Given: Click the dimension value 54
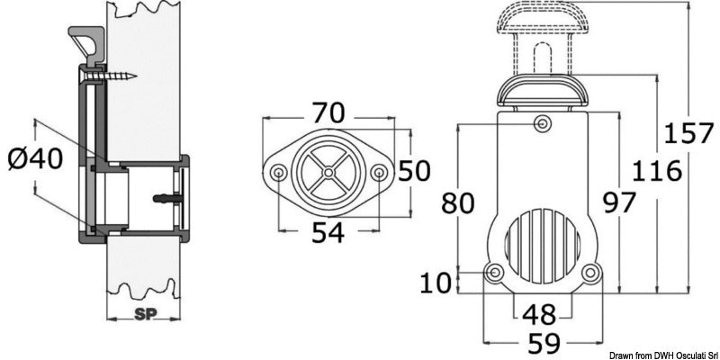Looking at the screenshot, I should pyautogui.click(x=328, y=232).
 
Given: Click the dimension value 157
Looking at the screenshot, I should pyautogui.click(x=688, y=135).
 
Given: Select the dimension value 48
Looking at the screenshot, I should pyautogui.click(x=540, y=313).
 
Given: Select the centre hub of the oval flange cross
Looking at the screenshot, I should pyautogui.click(x=329, y=172).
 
